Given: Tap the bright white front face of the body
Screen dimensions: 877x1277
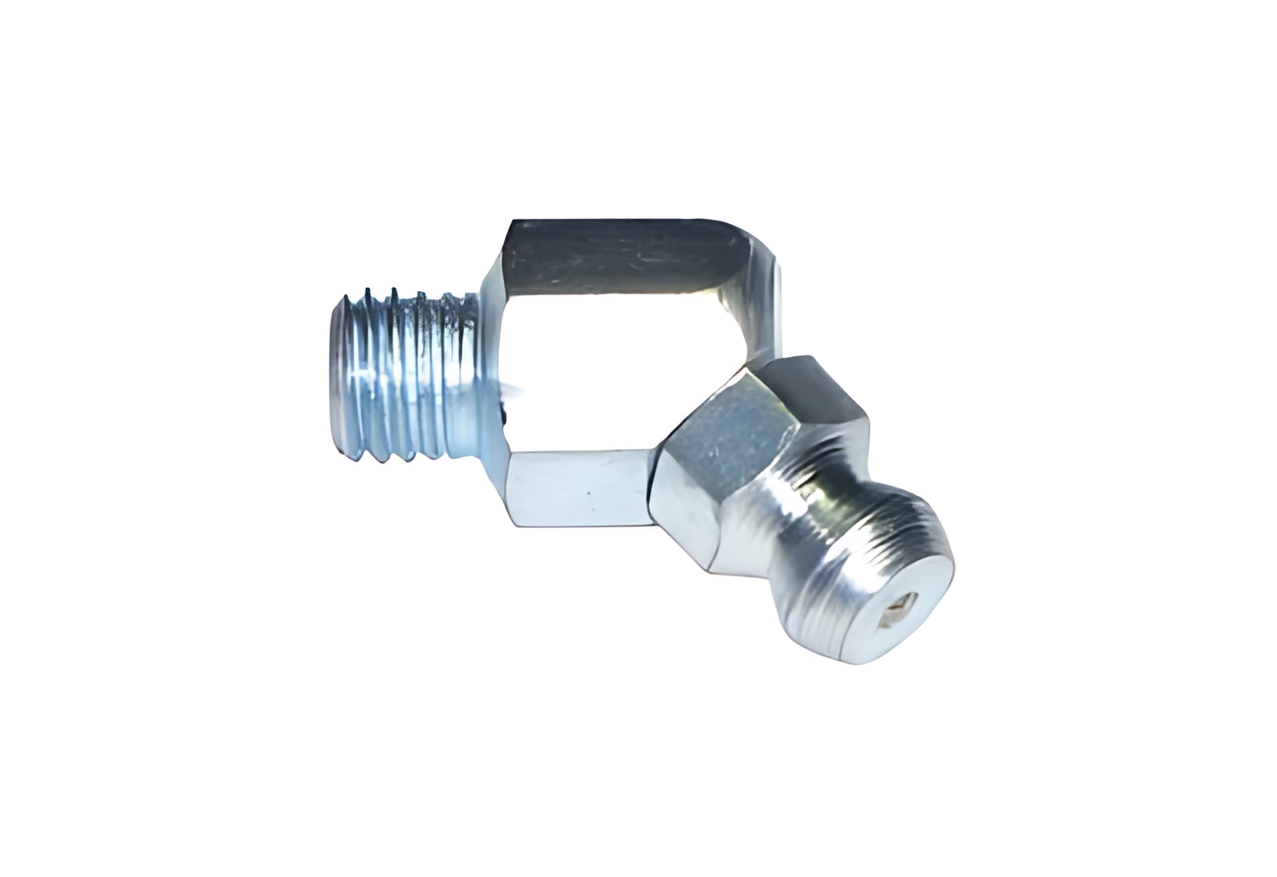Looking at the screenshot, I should click(613, 371).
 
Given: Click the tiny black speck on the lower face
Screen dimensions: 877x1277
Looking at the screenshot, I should click(589, 493).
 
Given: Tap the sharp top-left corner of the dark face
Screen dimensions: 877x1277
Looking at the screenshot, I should click(510, 221).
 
